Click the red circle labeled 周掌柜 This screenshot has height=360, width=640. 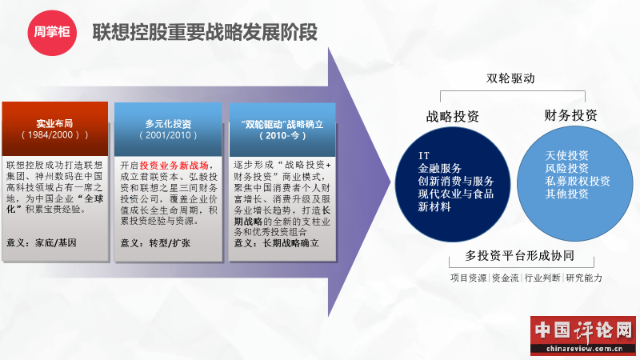pos(52,32)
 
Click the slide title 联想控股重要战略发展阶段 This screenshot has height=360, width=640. pos(205,32)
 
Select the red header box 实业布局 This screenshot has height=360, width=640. pos(55,129)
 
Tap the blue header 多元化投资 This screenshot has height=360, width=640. pos(168,130)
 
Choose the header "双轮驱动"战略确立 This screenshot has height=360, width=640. pos(282,130)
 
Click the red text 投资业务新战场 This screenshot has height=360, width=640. pos(174,166)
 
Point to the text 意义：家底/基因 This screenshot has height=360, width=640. pos(42,243)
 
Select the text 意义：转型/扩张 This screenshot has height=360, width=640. pos(155,243)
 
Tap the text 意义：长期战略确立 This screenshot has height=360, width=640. pos(276,243)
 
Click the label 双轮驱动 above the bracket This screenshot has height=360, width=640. pos(510,78)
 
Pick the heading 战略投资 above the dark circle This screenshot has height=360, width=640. pos(452,116)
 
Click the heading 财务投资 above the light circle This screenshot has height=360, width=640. pos(570,115)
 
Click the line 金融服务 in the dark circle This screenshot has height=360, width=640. pos(439,168)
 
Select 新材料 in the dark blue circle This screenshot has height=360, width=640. pos(434,207)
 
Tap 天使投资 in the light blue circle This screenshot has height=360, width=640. pos(567,155)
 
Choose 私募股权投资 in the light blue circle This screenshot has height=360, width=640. pos(578,181)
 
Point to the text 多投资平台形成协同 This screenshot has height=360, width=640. pos(519,255)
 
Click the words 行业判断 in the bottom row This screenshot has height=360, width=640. pos(542,278)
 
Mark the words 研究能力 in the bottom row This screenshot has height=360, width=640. pos(584,278)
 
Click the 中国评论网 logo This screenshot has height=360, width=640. pos(583,335)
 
